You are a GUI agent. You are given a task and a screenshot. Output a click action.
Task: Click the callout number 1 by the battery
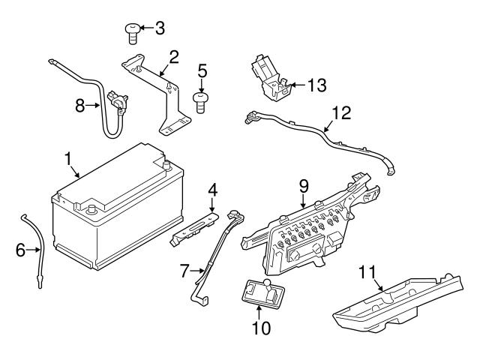[x=68, y=159]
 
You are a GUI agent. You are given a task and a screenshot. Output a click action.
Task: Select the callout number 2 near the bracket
[x=173, y=56]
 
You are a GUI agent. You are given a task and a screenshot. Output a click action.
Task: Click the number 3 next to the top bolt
[x=159, y=29]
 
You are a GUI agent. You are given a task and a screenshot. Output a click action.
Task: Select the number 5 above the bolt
[x=200, y=72]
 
